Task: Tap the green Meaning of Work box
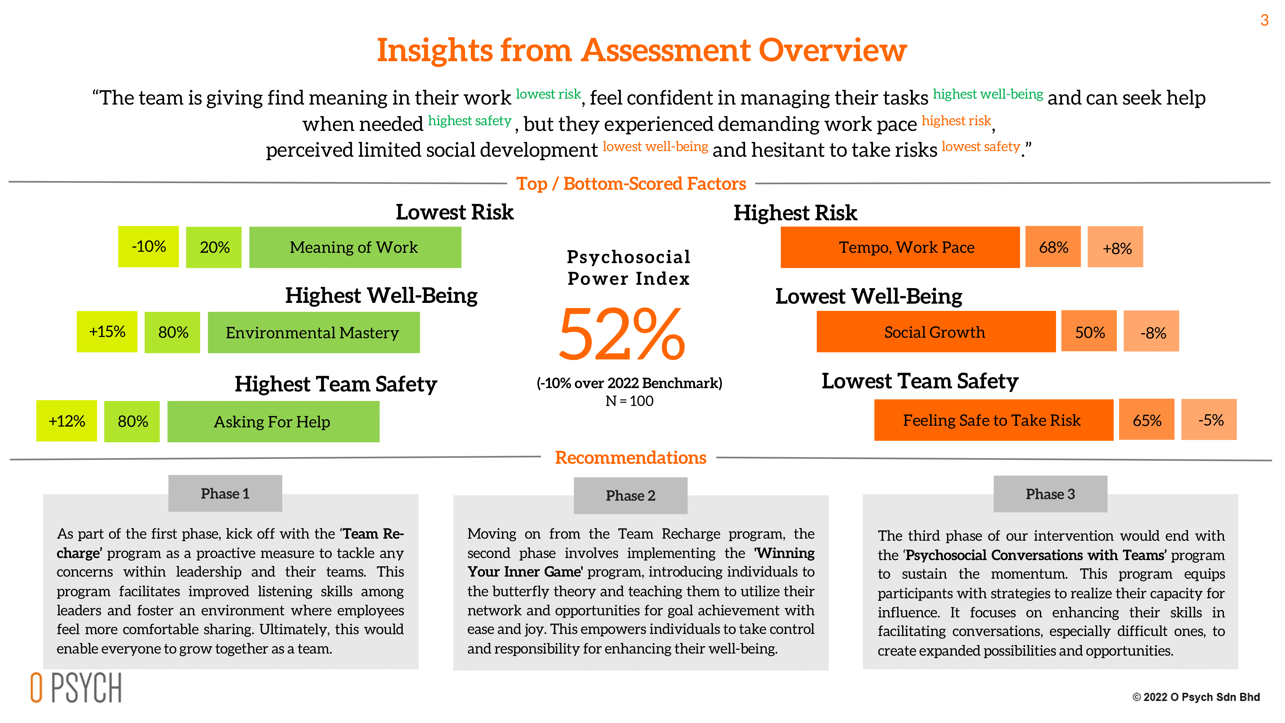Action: pyautogui.click(x=355, y=247)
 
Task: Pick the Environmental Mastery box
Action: pyautogui.click(x=313, y=332)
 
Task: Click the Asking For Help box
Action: pyautogui.click(x=273, y=422)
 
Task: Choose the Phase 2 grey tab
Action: pyautogui.click(x=630, y=496)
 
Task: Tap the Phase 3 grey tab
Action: pyautogui.click(x=1050, y=494)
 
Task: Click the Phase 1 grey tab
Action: pyautogui.click(x=225, y=493)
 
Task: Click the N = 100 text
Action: pyautogui.click(x=629, y=401)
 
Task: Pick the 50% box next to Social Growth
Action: pyautogui.click(x=1089, y=332)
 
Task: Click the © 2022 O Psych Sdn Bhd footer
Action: pyautogui.click(x=1196, y=697)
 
